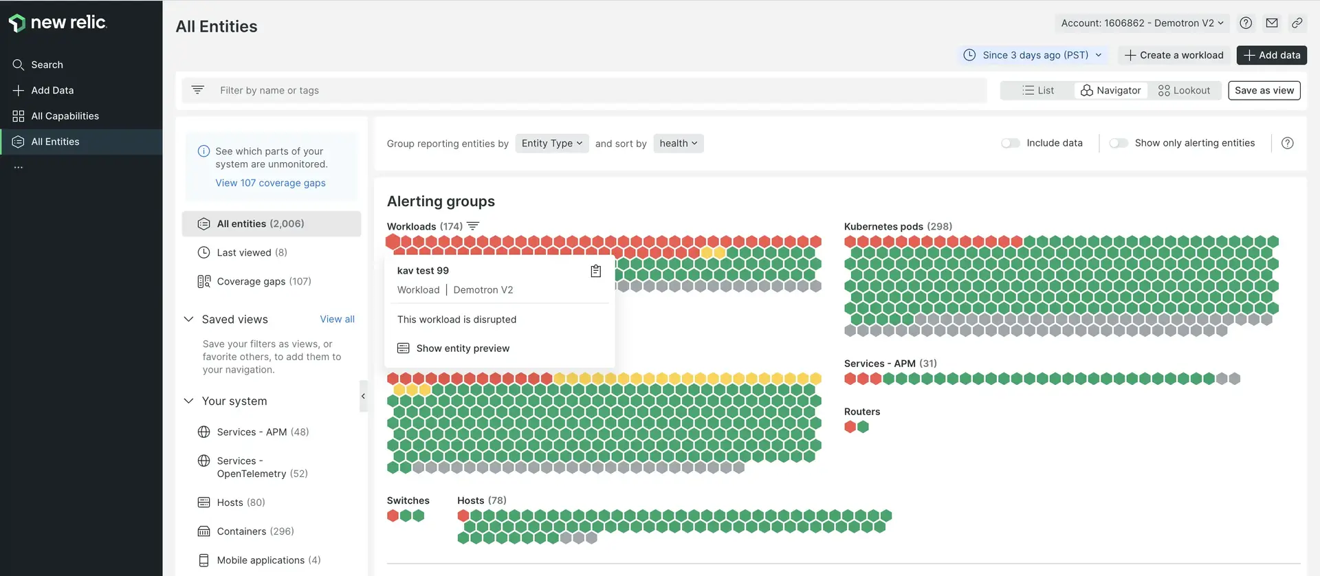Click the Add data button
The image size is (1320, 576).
pyautogui.click(x=1271, y=55)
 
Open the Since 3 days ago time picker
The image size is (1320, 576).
pyautogui.click(x=1033, y=55)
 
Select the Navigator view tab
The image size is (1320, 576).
pyautogui.click(x=1110, y=90)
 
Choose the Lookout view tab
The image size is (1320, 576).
pyautogui.click(x=1184, y=90)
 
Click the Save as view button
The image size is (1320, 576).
pyautogui.click(x=1264, y=90)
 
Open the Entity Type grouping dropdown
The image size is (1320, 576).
pyautogui.click(x=551, y=143)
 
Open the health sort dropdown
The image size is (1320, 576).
pyautogui.click(x=678, y=143)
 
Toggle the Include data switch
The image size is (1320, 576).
pyautogui.click(x=1010, y=143)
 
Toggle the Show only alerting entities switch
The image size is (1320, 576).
pyautogui.click(x=1119, y=143)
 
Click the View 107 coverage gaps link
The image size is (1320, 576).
pyautogui.click(x=270, y=183)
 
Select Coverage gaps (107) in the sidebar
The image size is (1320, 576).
pyautogui.click(x=263, y=281)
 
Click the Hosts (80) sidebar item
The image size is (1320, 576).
pyautogui.click(x=241, y=502)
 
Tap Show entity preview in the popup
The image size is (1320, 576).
pyautogui.click(x=462, y=348)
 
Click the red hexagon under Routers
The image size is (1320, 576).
pyautogui.click(x=850, y=427)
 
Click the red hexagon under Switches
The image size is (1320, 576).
pyautogui.click(x=393, y=516)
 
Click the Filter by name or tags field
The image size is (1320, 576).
pyautogui.click(x=584, y=90)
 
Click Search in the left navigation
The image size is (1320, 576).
pyautogui.click(x=47, y=65)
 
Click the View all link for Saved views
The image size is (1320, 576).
pyautogui.click(x=337, y=319)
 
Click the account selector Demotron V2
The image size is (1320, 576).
pyautogui.click(x=1141, y=23)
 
